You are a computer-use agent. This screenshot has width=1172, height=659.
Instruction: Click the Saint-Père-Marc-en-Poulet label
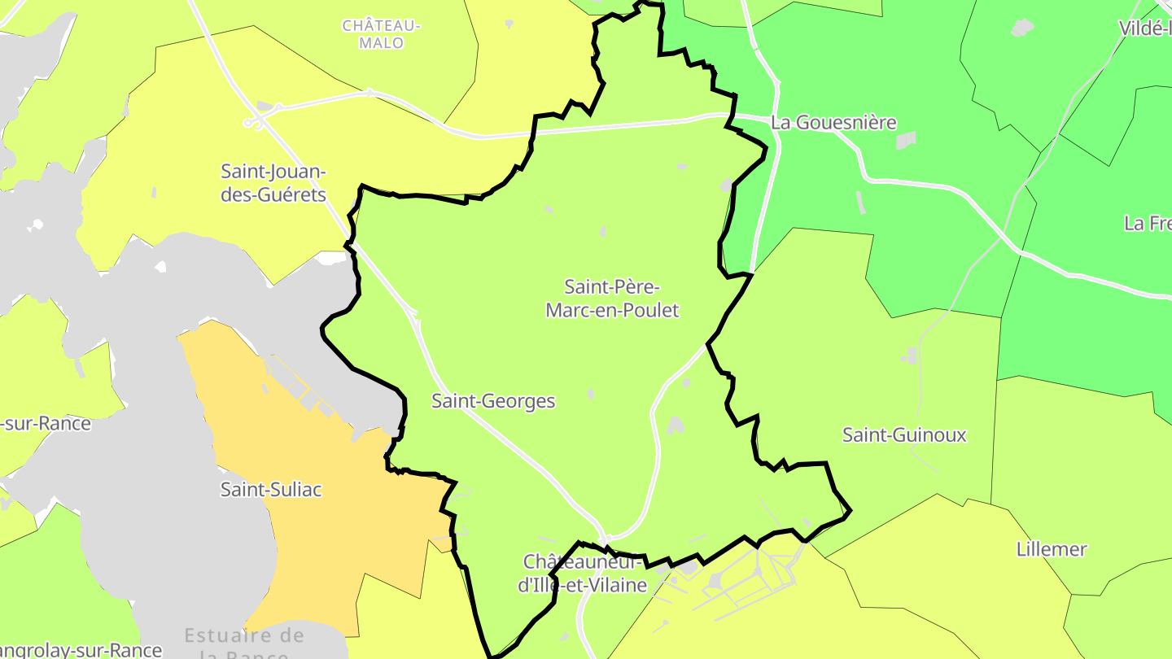point(611,299)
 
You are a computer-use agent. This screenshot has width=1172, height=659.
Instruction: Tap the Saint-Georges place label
point(493,401)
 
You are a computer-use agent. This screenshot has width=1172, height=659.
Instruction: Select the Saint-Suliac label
point(271,490)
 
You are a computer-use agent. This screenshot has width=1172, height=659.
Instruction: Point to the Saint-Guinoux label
point(904,435)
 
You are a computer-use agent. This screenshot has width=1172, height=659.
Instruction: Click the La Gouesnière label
point(833,123)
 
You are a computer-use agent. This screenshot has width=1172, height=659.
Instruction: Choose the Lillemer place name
point(1052,549)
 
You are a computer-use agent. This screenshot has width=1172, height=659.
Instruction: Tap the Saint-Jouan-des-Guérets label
point(273,184)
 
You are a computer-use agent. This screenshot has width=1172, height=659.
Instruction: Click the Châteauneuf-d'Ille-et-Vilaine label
point(583,574)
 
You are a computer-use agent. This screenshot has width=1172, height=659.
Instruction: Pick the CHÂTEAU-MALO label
point(381,34)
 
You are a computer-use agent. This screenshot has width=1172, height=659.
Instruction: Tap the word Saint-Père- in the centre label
point(611,287)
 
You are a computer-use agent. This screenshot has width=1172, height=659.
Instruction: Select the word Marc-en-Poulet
point(611,311)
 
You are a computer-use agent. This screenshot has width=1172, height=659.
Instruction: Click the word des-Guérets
point(273,195)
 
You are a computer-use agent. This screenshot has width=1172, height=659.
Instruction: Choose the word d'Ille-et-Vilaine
point(583,585)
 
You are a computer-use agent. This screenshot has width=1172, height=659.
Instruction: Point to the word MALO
point(381,43)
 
